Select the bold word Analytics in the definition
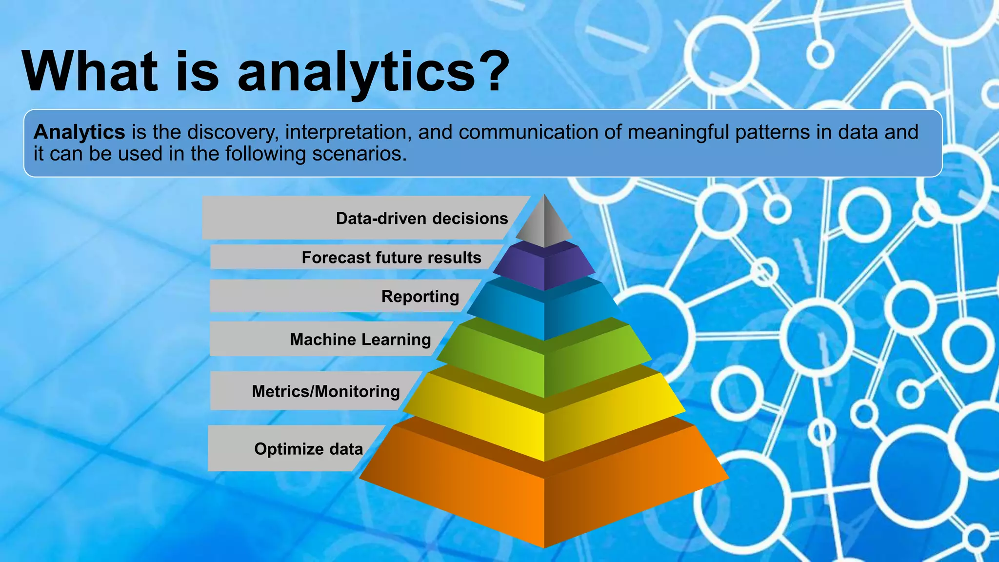click(x=80, y=132)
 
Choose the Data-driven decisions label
click(x=421, y=218)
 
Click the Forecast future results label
click(x=391, y=257)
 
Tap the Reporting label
click(x=420, y=296)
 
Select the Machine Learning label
click(x=360, y=339)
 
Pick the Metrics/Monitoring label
click(x=325, y=391)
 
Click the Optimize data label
click(x=308, y=449)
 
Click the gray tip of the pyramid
click(x=544, y=224)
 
